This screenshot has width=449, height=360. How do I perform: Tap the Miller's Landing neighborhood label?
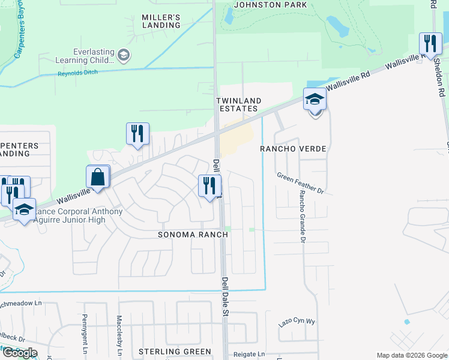[x=161, y=21]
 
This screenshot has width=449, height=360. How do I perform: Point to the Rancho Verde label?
[x=292, y=148]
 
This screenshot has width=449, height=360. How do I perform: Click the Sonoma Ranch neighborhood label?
[x=193, y=235]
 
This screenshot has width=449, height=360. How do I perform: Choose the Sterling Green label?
[x=175, y=352]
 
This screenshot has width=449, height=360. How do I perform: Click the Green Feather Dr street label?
[x=300, y=183]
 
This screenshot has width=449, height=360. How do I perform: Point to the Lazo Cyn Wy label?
[x=297, y=323]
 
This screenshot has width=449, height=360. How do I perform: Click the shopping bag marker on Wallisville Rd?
[x=98, y=178]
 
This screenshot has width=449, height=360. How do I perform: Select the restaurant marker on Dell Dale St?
[x=209, y=185]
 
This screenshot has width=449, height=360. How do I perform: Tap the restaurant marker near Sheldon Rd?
[x=430, y=44]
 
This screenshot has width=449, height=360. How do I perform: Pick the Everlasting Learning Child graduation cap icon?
[x=124, y=56]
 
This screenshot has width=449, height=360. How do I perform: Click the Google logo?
[x=19, y=353]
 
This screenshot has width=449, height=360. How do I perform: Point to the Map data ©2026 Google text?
[x=411, y=355]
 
